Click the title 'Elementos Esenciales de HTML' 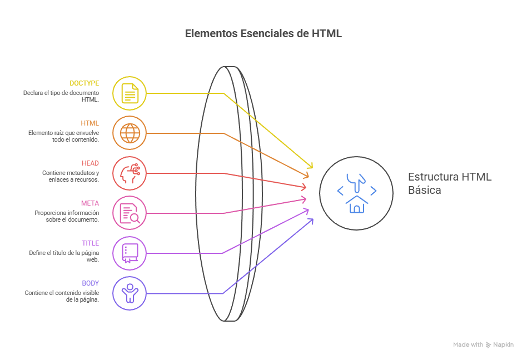click(263, 34)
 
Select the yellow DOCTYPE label click(84, 83)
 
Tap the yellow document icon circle click(130, 93)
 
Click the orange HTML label click(90, 123)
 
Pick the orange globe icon click(130, 133)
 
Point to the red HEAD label click(90, 163)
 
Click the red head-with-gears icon click(130, 173)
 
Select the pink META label click(90, 203)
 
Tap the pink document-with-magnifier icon click(130, 213)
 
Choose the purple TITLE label click(90, 243)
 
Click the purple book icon click(130, 253)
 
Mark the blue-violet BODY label click(90, 283)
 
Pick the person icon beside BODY click(130, 293)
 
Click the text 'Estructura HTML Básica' click(449, 183)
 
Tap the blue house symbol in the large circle click(356, 204)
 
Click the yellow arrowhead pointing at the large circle click(310, 166)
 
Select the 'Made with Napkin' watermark click(483, 345)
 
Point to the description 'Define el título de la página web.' click(64, 256)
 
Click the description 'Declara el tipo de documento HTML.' click(61, 96)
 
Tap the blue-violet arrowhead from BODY click(310, 221)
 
